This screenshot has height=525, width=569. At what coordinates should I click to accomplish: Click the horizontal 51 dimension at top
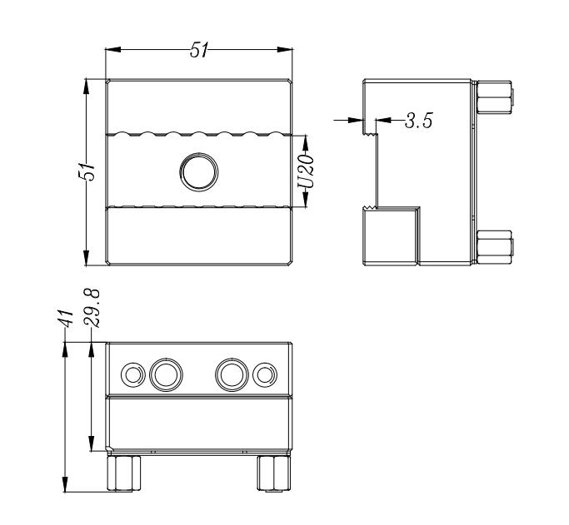point(199,50)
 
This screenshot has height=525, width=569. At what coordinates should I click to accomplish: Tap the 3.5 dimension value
point(418,121)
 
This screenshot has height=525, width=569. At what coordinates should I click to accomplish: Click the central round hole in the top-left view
point(198,171)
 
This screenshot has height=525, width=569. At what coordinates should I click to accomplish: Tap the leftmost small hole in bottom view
point(132,374)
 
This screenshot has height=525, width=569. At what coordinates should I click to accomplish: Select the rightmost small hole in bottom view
point(266,374)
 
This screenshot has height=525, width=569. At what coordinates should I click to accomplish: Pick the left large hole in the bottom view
point(165,374)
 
